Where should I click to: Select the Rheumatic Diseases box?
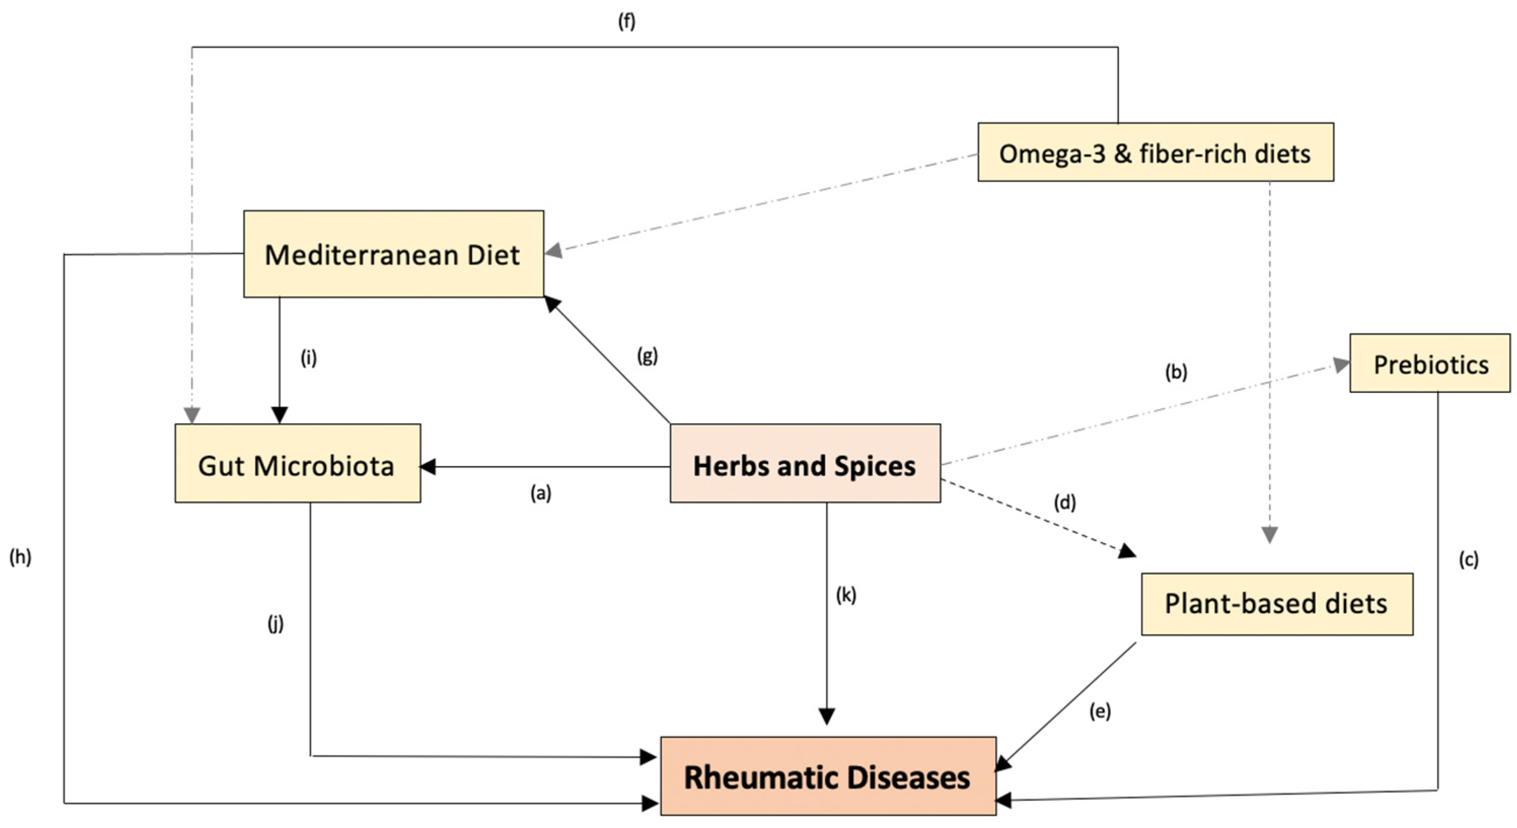827,776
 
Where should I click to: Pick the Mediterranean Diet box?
393,254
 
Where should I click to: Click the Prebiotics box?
1430,364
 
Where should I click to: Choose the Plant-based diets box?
1277,603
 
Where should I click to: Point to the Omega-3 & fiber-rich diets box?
1155,153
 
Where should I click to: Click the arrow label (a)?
541,493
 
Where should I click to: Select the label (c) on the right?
1468,559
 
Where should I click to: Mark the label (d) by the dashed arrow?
1064,502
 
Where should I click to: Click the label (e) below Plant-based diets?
1099,711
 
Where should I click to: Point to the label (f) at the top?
626,21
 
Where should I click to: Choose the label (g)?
647,355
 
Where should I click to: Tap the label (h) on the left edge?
20,556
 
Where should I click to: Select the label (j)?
276,623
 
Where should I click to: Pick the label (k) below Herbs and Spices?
845,595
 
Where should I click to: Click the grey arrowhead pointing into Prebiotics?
1342,365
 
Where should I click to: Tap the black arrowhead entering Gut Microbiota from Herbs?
428,467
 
